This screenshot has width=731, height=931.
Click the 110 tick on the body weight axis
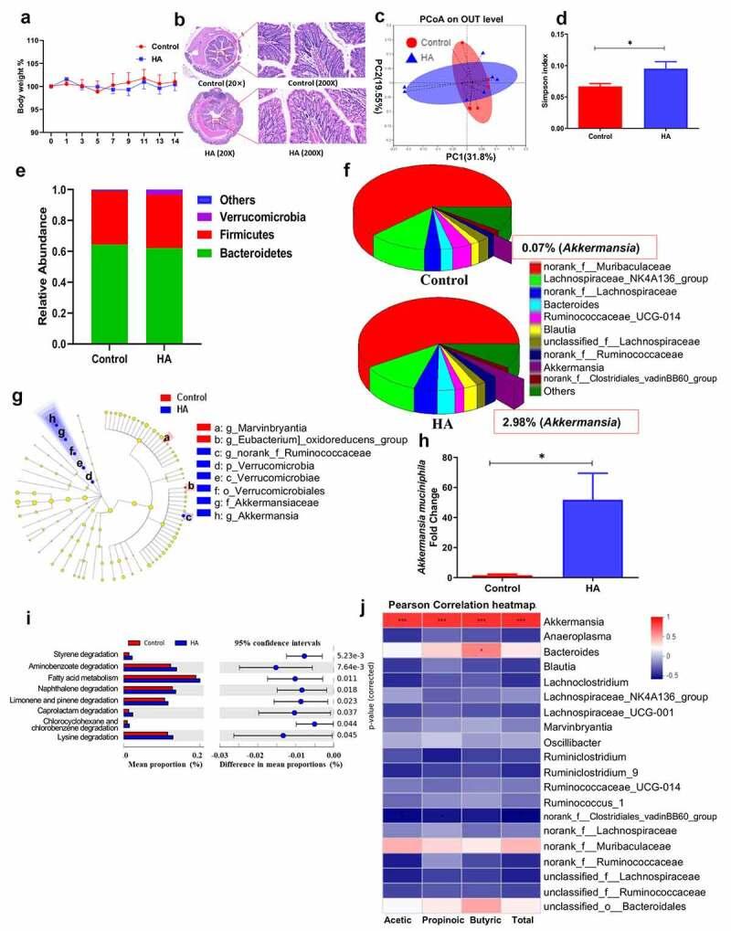click(x=33, y=41)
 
